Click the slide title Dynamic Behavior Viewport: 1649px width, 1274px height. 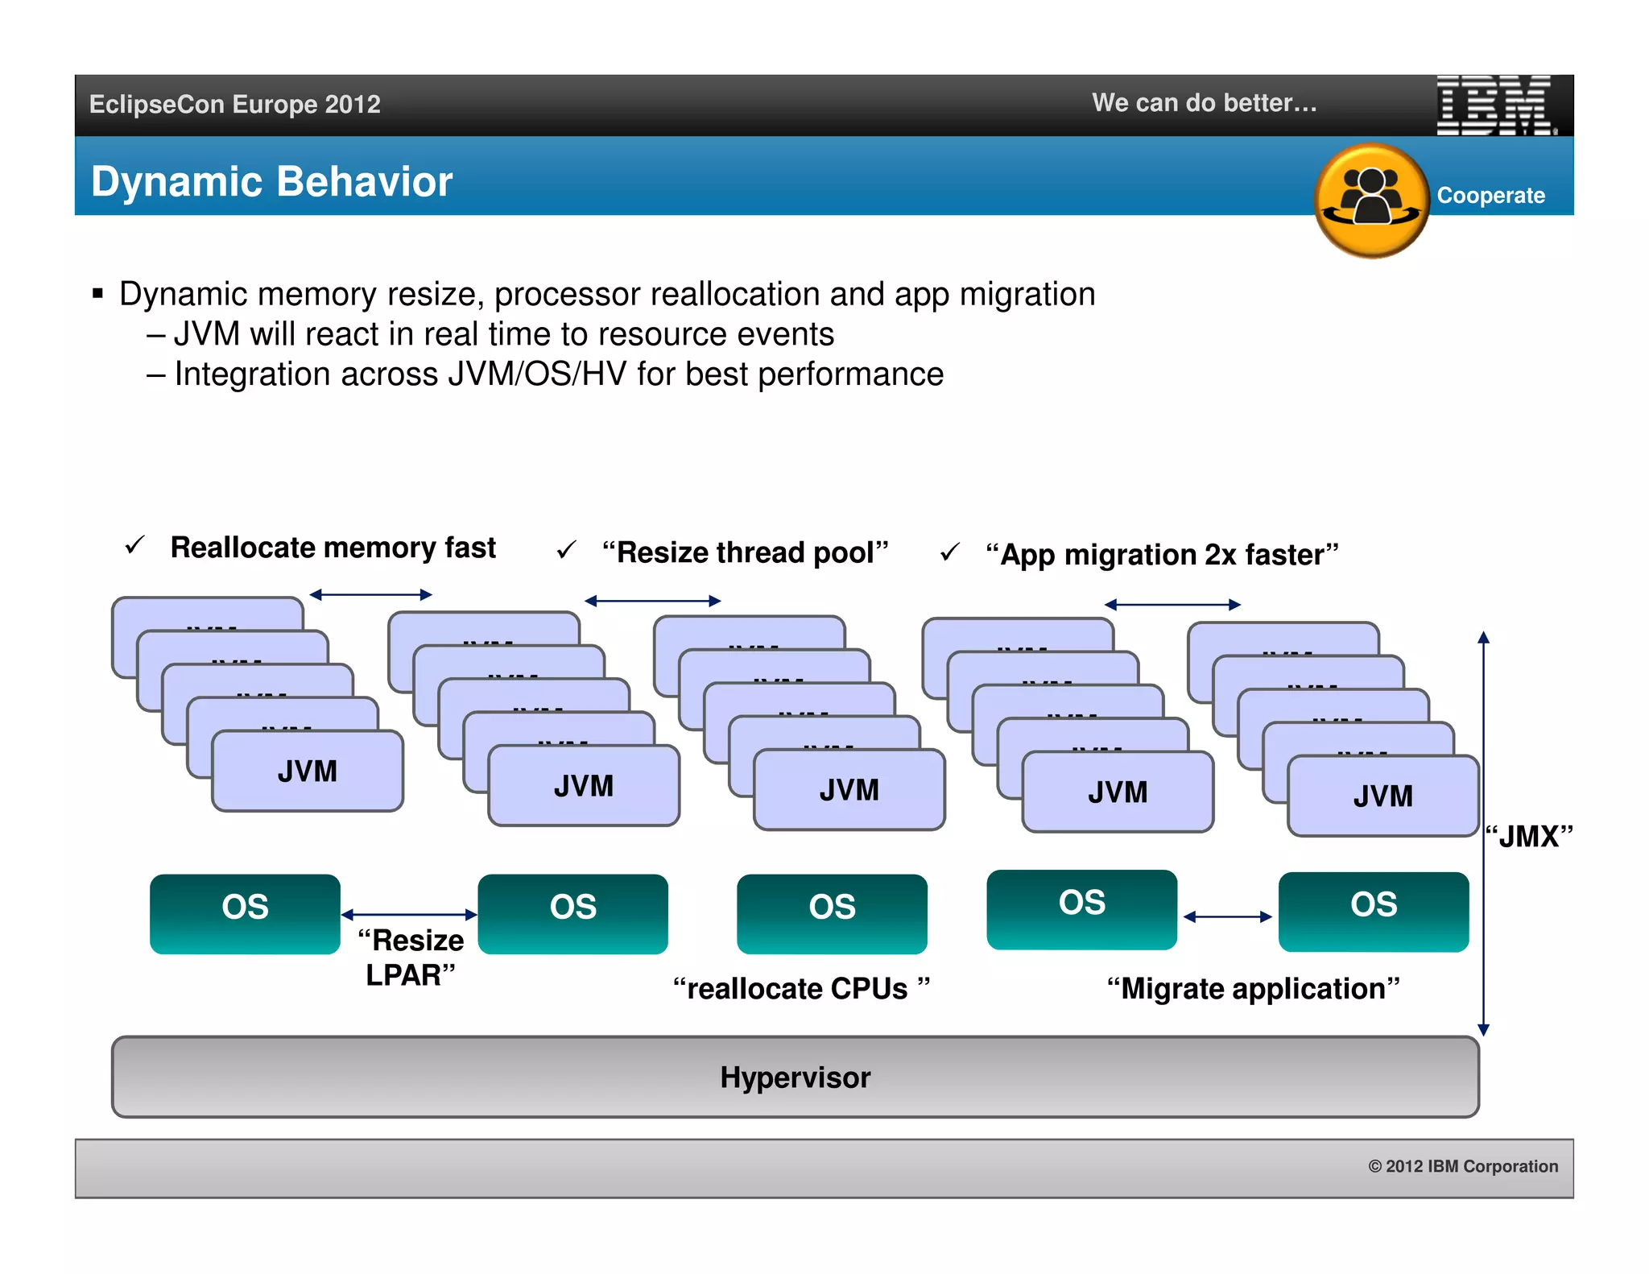click(x=271, y=181)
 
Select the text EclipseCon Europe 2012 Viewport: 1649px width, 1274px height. click(x=234, y=105)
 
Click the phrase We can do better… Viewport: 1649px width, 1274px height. click(x=1204, y=103)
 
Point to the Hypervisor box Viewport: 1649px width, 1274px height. click(x=795, y=1077)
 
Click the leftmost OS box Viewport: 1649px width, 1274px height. click(x=245, y=913)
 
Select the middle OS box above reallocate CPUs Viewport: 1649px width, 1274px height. click(x=832, y=913)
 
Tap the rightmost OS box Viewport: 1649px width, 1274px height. click(x=1373, y=911)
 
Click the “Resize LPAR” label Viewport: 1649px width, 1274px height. click(x=411, y=958)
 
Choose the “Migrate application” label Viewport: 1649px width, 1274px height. click(x=1253, y=988)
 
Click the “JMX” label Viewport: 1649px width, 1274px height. click(x=1528, y=836)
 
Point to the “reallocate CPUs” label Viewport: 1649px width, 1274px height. click(x=801, y=988)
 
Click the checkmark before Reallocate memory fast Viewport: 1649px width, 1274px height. click(x=134, y=546)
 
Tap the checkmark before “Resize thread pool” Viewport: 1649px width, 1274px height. click(x=566, y=550)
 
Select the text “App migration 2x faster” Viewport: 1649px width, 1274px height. click(x=1161, y=554)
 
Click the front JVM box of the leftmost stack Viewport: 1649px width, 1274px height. click(x=307, y=771)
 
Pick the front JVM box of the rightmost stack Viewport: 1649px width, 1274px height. click(x=1382, y=796)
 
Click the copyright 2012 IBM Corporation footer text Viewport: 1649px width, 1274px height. click(x=1462, y=1166)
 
